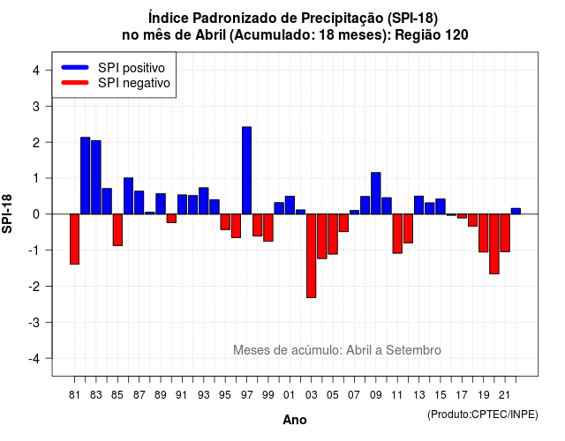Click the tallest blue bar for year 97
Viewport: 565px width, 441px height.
(247, 170)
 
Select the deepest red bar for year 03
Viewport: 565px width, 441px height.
(312, 256)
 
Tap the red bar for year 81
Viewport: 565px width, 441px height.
(74, 239)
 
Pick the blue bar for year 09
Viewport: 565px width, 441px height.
(376, 193)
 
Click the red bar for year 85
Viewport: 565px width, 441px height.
(117, 230)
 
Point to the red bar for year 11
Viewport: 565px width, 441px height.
(397, 234)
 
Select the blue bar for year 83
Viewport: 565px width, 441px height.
(96, 177)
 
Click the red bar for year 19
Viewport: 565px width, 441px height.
(484, 233)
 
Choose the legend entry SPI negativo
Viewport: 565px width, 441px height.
(116, 83)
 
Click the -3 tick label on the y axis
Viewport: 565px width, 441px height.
(34, 322)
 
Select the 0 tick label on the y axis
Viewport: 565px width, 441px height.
(36, 214)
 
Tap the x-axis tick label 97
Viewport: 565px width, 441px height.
(247, 395)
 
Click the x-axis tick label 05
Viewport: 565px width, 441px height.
(333, 395)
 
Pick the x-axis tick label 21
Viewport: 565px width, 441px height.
(505, 395)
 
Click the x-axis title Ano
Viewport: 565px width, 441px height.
(295, 420)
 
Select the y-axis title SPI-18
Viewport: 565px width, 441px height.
(7, 213)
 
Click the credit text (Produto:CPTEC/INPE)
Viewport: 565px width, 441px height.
(483, 415)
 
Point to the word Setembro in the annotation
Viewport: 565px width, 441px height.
(413, 350)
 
